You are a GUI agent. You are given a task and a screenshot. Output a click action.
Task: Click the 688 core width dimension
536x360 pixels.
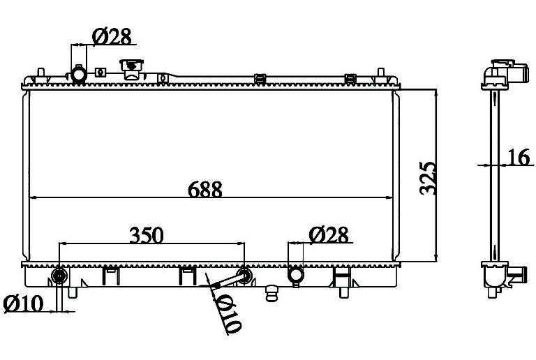(x=204, y=189)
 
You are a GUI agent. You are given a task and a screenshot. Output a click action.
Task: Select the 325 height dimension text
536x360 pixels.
(x=428, y=179)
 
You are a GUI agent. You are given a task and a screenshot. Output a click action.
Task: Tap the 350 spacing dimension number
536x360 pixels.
(x=147, y=235)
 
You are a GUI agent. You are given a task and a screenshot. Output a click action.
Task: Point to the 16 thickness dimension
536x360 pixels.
(x=519, y=158)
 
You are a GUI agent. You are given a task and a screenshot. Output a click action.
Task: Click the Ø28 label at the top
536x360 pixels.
(x=112, y=36)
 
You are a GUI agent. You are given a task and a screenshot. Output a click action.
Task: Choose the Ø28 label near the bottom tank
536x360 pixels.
(x=329, y=235)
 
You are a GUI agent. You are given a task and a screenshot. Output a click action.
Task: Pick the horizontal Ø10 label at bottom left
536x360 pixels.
(x=23, y=303)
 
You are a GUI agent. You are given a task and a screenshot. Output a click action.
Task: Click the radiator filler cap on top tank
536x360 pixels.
(x=131, y=69)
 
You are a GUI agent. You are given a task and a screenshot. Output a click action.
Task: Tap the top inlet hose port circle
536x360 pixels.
(x=79, y=74)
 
